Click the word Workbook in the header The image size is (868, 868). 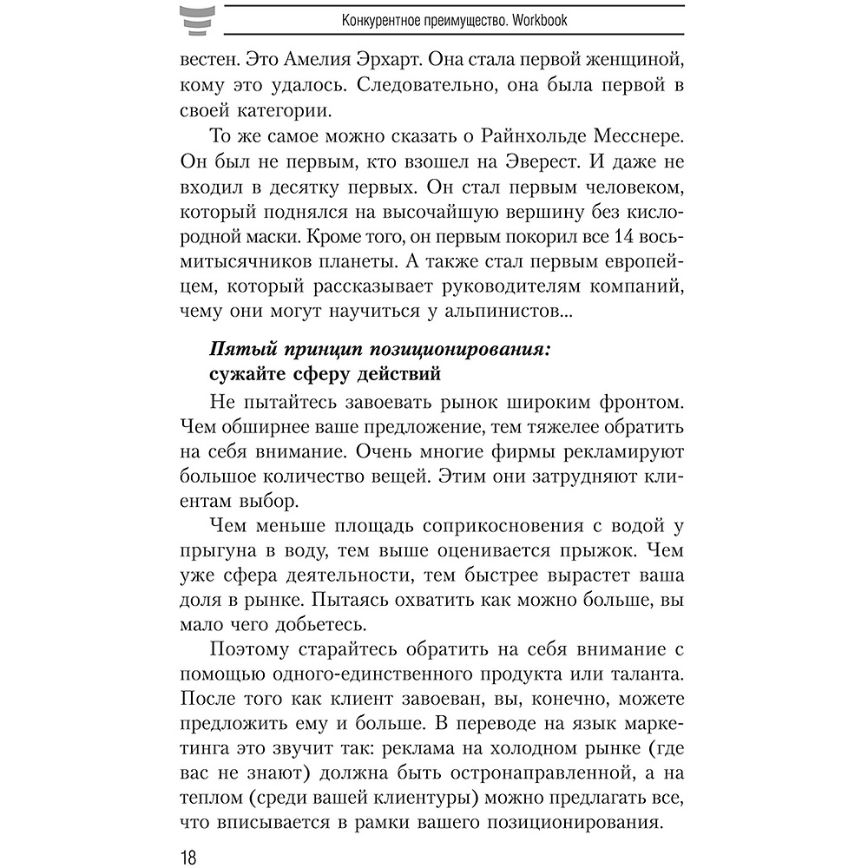point(538,20)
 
